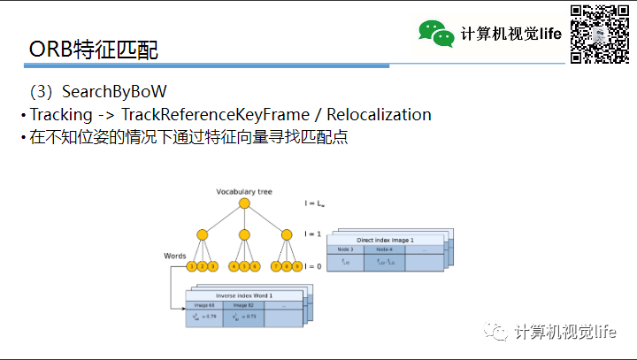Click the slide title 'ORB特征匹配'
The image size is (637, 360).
click(x=94, y=50)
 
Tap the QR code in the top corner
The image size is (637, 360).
click(x=594, y=34)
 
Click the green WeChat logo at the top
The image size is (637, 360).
click(x=436, y=34)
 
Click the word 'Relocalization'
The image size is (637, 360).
click(x=379, y=115)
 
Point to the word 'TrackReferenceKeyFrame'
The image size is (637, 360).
click(x=220, y=115)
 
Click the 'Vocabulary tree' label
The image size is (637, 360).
click(x=243, y=192)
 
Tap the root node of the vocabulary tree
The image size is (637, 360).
click(x=244, y=205)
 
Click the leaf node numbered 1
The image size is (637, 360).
click(x=192, y=266)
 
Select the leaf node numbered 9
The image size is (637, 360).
click(x=296, y=266)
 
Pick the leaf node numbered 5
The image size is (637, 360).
click(x=244, y=266)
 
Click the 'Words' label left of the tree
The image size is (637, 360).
click(x=174, y=256)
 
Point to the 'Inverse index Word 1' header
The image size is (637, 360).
click(x=244, y=295)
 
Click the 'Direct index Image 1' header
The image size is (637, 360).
click(x=385, y=241)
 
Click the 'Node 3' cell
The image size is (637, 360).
click(x=346, y=249)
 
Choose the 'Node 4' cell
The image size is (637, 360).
click(x=385, y=249)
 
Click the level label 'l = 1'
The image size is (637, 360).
click(x=311, y=234)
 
